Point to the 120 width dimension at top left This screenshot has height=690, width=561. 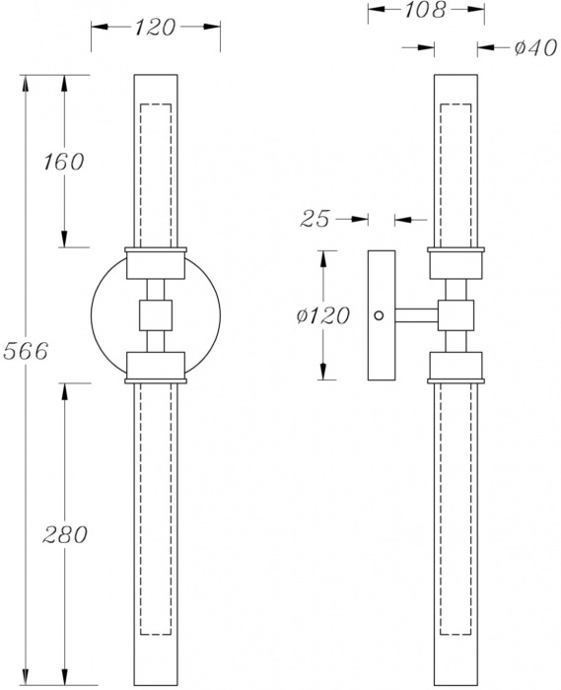155,28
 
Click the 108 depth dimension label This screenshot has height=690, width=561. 426,11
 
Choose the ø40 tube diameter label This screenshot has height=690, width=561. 519,47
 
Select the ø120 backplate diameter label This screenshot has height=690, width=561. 322,316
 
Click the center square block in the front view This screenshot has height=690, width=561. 156,315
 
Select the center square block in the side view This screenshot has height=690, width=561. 456,315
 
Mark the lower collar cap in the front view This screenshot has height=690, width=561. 156,367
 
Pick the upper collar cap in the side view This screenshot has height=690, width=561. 456,261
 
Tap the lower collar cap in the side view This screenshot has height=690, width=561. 456,367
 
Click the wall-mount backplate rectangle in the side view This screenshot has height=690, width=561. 380,315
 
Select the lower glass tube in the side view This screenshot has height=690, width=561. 456,532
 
